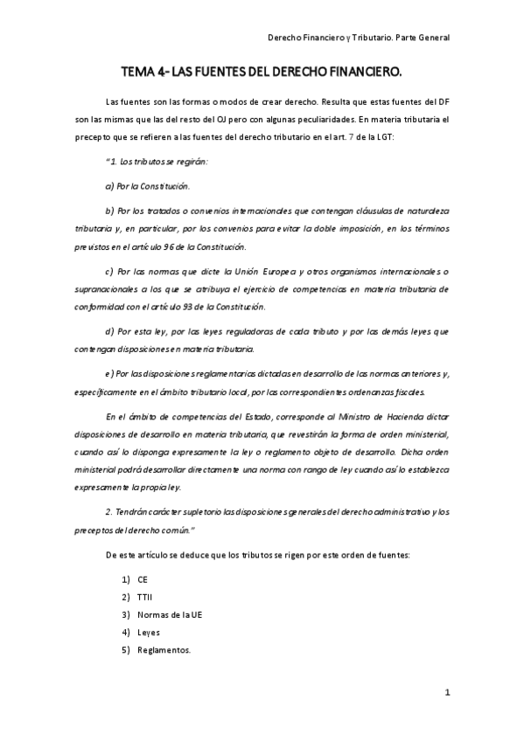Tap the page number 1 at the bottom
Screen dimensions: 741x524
pyautogui.click(x=446, y=692)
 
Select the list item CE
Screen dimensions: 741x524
pyautogui.click(x=143, y=578)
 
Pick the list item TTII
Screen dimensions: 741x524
pyautogui.click(x=145, y=596)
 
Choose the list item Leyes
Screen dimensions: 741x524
pyautogui.click(x=149, y=632)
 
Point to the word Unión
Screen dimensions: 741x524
pyautogui.click(x=259, y=272)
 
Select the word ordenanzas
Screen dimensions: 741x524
pyautogui.click(x=373, y=391)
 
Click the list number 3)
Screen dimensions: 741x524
pyautogui.click(x=126, y=614)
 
